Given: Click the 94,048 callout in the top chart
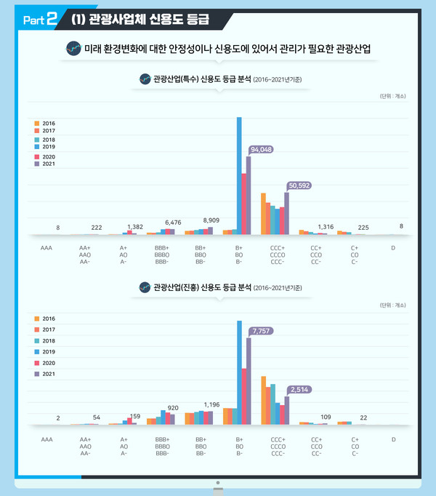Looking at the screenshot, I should click(261, 149).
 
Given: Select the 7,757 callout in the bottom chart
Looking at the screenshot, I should click(262, 331).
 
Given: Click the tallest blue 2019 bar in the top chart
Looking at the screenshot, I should click(239, 175).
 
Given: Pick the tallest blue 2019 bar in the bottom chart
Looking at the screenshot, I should click(239, 371).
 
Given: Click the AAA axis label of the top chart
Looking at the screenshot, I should click(46, 248).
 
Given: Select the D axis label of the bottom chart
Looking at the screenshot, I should click(393, 439).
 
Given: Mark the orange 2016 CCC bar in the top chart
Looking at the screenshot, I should click(263, 214).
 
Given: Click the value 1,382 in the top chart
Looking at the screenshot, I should click(134, 227).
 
